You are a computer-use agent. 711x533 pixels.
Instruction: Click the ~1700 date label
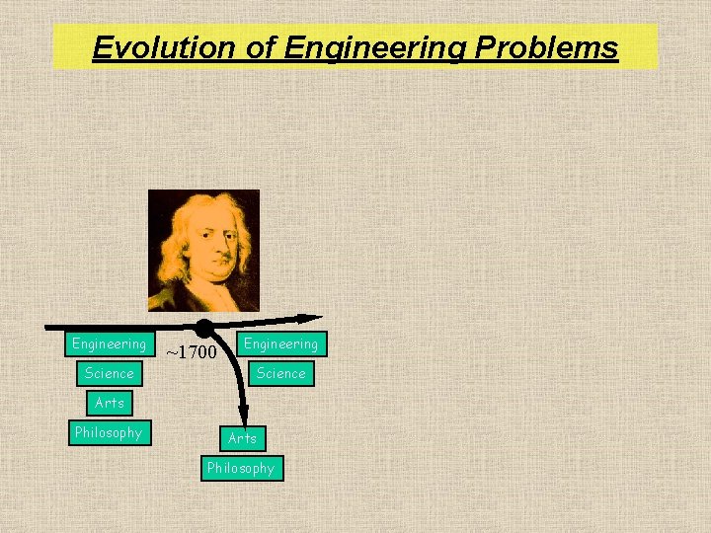(x=191, y=350)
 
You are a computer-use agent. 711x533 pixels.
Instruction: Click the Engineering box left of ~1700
(x=109, y=343)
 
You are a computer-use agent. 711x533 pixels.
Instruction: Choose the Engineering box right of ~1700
(x=281, y=343)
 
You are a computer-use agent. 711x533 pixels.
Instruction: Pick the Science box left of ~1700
(x=109, y=373)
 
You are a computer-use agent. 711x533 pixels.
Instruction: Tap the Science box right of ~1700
(x=281, y=373)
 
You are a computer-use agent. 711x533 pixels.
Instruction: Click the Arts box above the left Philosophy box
(x=109, y=403)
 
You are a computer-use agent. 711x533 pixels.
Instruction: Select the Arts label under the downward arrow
(x=242, y=438)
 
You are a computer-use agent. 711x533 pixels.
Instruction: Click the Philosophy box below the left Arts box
(x=109, y=432)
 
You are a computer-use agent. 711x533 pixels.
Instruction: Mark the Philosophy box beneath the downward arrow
(x=241, y=468)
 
